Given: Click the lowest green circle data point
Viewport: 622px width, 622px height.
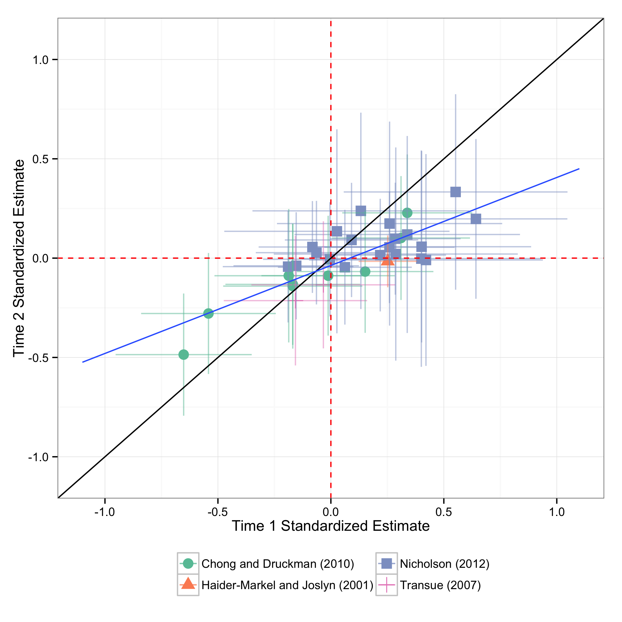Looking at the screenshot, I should [x=184, y=355].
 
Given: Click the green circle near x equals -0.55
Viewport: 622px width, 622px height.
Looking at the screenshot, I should [x=209, y=313].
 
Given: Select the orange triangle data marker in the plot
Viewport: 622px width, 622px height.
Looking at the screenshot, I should [x=388, y=259].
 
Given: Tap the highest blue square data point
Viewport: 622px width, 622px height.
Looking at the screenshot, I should [x=455, y=192].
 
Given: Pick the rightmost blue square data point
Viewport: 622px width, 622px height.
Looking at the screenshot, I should [x=476, y=219].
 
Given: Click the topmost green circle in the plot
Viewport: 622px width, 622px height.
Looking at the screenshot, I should [x=407, y=213].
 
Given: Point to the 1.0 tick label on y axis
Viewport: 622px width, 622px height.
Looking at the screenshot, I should [x=41, y=60].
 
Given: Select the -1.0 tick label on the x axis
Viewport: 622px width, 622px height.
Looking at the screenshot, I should [x=104, y=512].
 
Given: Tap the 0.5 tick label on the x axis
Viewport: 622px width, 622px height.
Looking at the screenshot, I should [x=444, y=512].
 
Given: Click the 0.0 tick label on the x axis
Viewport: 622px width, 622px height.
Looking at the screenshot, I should [x=331, y=512].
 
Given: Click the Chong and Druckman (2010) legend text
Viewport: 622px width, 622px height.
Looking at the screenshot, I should [x=278, y=564].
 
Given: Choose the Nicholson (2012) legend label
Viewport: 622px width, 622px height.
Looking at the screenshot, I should [x=445, y=564].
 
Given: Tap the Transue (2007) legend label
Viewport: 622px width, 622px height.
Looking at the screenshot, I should [x=440, y=585].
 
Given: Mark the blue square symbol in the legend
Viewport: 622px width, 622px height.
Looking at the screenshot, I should [x=387, y=564].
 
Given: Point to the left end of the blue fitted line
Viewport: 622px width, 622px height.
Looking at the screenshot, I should [x=83, y=362].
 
